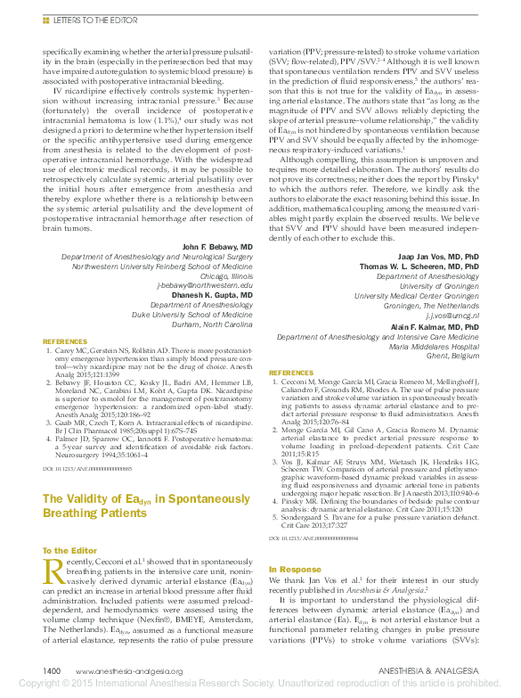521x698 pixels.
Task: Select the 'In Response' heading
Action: (x=295, y=569)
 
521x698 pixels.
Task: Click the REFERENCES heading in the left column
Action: (x=65, y=341)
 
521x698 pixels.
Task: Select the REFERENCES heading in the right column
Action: (x=290, y=373)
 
